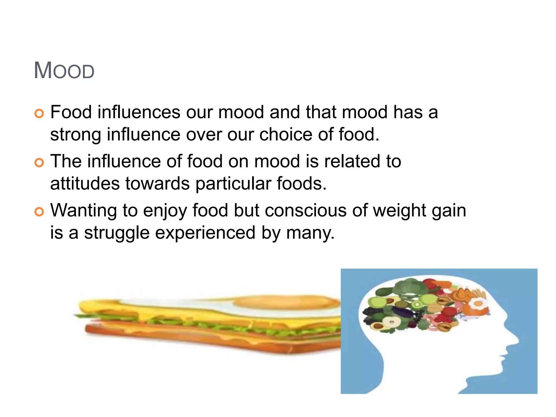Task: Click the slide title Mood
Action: tap(64, 71)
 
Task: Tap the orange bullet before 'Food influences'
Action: tap(39, 113)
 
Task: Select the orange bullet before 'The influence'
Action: tap(39, 163)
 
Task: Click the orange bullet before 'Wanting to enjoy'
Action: tap(39, 211)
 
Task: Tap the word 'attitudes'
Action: tap(85, 184)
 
